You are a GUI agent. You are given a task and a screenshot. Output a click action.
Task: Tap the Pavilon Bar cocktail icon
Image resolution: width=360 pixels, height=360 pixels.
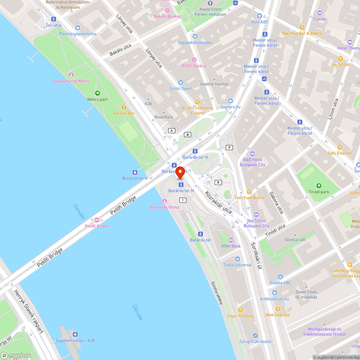pos(124,107)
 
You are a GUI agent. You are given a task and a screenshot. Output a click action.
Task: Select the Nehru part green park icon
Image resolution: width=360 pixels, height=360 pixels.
pos(97,93)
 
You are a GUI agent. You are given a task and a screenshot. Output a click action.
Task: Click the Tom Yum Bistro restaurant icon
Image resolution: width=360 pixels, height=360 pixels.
pos(249,192)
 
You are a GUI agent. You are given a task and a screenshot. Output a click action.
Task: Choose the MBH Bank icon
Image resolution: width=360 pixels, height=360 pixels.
pos(231,240)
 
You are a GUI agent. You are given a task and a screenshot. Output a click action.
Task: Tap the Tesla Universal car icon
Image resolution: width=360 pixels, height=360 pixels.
pos(237,259)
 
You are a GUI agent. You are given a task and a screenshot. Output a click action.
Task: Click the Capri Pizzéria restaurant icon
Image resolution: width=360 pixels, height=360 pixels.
pos(240,310)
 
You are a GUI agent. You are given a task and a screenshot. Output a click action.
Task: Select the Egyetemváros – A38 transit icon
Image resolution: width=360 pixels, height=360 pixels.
pos(75,334)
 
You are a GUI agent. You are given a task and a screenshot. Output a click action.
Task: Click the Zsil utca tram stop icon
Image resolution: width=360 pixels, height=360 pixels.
pos(54,19)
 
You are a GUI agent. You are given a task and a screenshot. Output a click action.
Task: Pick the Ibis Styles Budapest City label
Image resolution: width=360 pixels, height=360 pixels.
pos(256,223)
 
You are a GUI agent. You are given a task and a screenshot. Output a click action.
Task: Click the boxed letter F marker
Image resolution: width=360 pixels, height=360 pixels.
pos(229,147)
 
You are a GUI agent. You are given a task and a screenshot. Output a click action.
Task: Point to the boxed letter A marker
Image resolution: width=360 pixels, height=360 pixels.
pos(172,130)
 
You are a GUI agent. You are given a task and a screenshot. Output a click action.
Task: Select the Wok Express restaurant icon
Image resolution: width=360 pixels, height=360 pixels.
pos(278,309)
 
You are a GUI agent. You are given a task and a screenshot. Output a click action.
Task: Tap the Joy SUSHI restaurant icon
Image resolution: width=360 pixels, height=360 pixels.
pos(340,59)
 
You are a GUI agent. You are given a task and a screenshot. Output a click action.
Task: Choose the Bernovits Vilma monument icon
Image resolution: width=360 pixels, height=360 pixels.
pos(165,201)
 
